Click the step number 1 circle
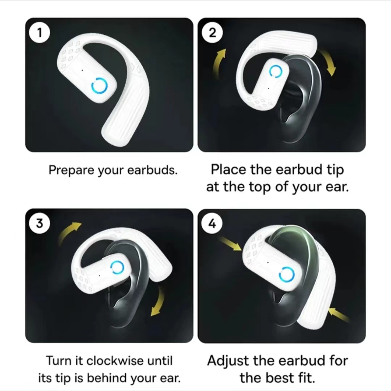point(39,33)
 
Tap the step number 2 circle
point(212,33)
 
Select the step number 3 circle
point(39,223)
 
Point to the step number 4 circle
point(212,224)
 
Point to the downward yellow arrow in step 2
point(330,61)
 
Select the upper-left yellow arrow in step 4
point(230,244)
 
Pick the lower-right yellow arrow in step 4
point(339,315)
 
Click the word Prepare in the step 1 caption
point(72,170)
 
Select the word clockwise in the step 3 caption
point(115,361)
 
